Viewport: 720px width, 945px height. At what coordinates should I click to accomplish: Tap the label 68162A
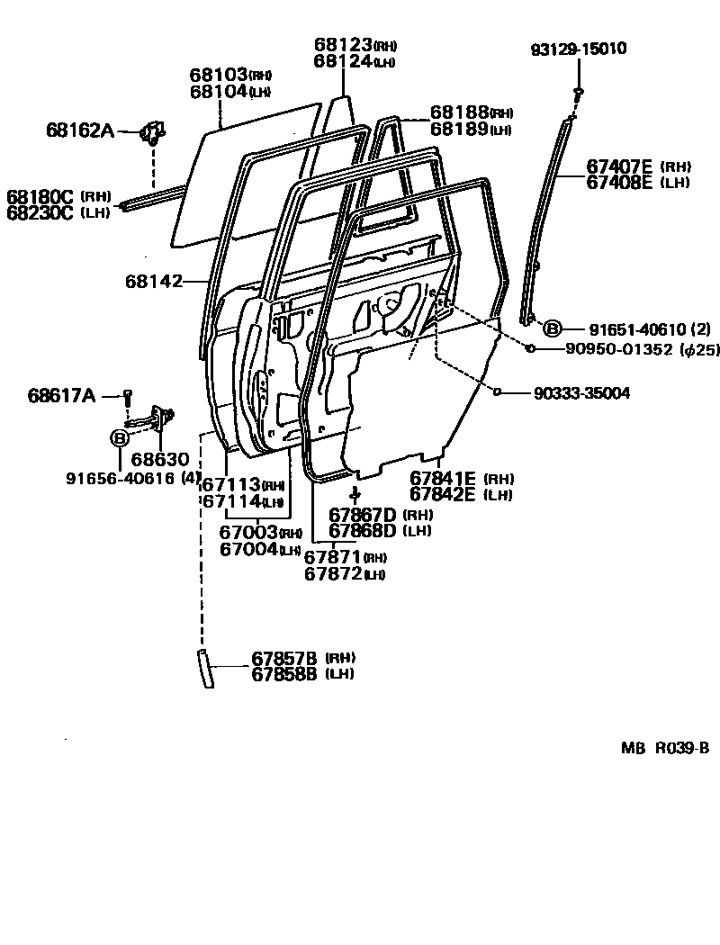[80, 131]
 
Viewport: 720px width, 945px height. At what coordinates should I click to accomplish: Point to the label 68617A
[61, 394]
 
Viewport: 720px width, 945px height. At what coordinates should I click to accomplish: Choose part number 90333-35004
[581, 393]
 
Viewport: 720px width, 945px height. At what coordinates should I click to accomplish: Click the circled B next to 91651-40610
[552, 328]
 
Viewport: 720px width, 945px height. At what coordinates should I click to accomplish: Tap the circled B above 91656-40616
[119, 438]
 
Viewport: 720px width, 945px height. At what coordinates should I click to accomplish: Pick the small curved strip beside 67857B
[206, 667]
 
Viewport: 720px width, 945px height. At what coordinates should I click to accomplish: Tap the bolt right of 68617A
[128, 394]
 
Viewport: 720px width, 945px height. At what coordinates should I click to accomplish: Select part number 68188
[459, 112]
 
